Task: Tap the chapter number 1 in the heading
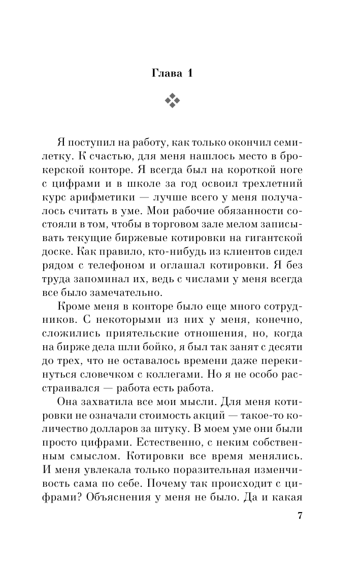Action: click(190, 73)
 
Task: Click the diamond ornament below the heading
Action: click(173, 101)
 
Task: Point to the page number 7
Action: click(300, 516)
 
